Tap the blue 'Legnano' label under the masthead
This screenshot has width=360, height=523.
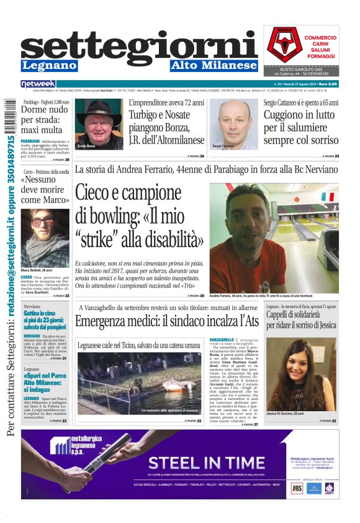(49, 65)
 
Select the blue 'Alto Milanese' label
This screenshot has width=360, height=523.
(214, 65)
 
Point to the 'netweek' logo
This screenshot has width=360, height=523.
(38, 83)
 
